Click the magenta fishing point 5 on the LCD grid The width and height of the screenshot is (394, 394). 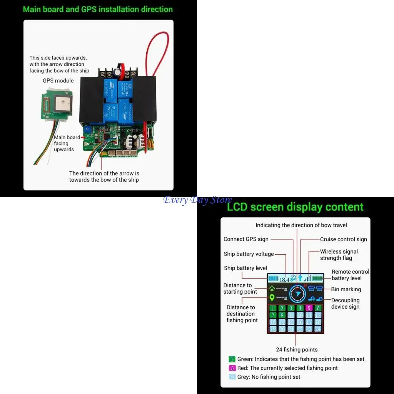coord(309,308)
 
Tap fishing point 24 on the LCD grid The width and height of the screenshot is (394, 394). coord(318,329)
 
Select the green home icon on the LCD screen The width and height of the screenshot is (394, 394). coord(272,288)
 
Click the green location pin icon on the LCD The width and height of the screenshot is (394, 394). coord(272,297)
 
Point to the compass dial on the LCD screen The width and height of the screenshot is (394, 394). coord(297,294)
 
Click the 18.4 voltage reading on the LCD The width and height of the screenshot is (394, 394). coord(284,279)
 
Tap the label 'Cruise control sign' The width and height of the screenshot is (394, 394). coord(344,239)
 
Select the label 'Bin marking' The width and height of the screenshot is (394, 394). coord(346,289)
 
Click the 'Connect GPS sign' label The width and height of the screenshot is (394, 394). coord(246,239)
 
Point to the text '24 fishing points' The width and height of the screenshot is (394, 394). coord(297,350)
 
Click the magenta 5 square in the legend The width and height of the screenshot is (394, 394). coord(232,368)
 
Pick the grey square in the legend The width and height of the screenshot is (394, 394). coord(232,377)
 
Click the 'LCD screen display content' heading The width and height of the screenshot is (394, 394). coord(295,207)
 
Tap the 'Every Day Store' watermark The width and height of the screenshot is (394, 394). coord(197,200)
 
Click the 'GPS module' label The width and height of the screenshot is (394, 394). coord(58,81)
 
